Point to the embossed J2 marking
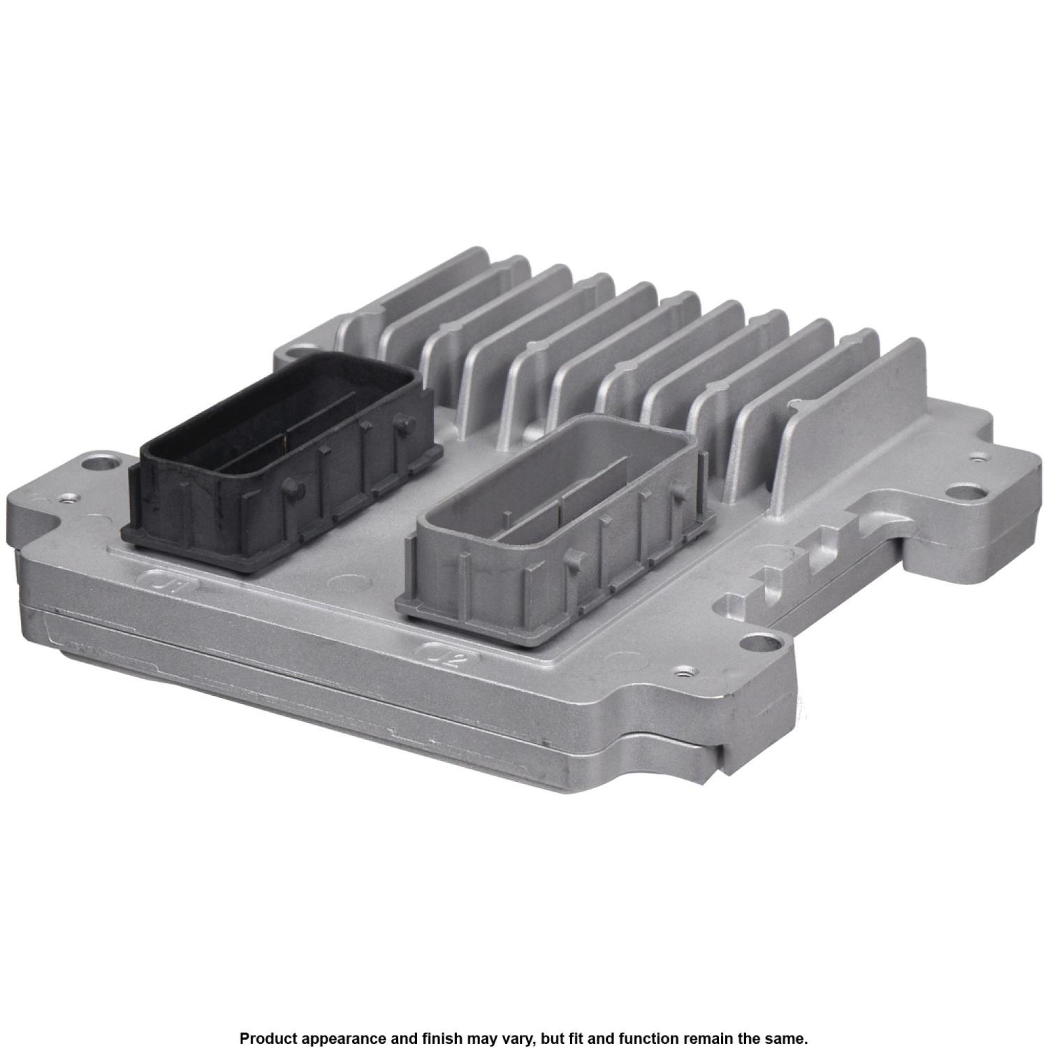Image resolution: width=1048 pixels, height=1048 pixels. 447,656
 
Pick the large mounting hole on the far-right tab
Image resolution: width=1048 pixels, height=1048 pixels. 969,492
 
